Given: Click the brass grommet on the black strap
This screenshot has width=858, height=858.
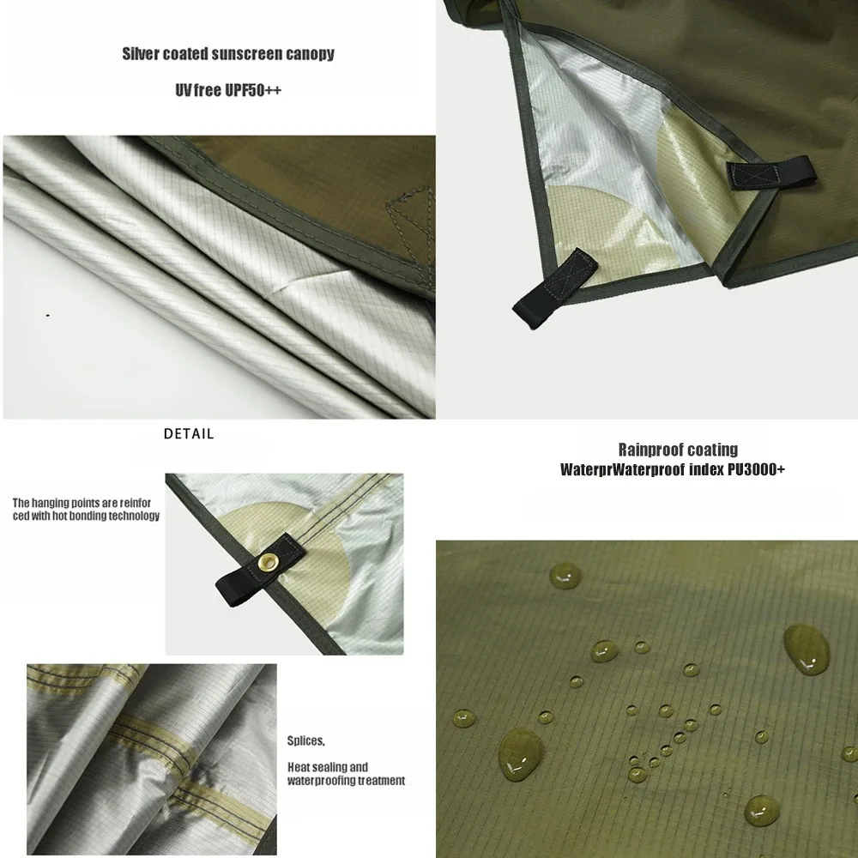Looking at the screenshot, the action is [x=268, y=561].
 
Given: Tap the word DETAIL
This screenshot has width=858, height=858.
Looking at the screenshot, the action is [x=189, y=434].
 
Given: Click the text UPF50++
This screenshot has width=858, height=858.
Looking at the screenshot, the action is [x=253, y=90].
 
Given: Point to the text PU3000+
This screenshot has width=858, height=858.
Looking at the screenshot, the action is [x=756, y=469].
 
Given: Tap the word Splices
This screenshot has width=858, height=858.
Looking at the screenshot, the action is [x=306, y=741].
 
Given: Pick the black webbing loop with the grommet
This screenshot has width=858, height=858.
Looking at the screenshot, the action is [x=261, y=571].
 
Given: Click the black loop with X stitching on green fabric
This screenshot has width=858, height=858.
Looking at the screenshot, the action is [x=771, y=173].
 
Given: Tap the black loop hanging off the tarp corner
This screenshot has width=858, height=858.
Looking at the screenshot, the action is [x=554, y=288].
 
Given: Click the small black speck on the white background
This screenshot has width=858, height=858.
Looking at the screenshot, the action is [x=48, y=315].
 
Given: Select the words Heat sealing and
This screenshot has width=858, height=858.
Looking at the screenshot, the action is [x=328, y=767].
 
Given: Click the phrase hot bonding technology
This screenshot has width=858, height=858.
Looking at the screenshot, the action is [x=106, y=516].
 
